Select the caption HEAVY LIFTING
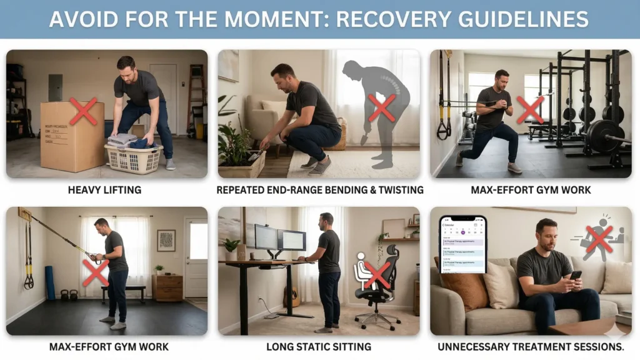106,189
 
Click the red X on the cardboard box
83,111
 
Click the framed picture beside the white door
166,241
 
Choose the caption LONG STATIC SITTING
318,346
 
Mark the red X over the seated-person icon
377,275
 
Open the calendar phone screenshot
462,244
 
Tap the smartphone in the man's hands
575,276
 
